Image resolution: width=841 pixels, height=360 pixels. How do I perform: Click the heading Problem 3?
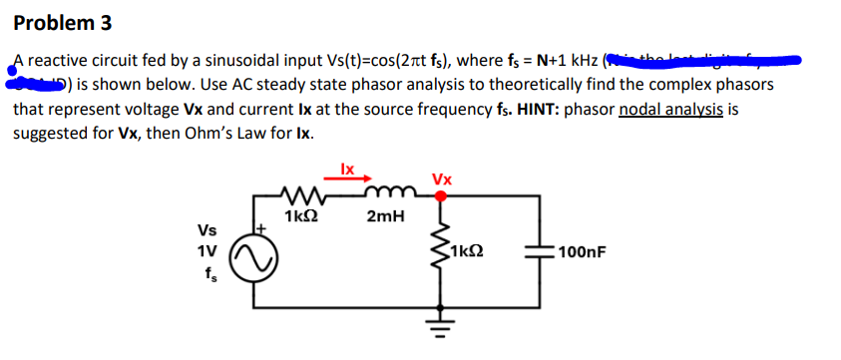click(x=63, y=22)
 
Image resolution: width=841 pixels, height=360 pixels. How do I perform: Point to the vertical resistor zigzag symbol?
click(x=437, y=253)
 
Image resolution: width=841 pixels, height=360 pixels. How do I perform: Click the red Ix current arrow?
click(x=345, y=180)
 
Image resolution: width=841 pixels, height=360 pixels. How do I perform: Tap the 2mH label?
click(x=385, y=217)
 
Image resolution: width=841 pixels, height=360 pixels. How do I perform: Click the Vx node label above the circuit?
click(x=441, y=180)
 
